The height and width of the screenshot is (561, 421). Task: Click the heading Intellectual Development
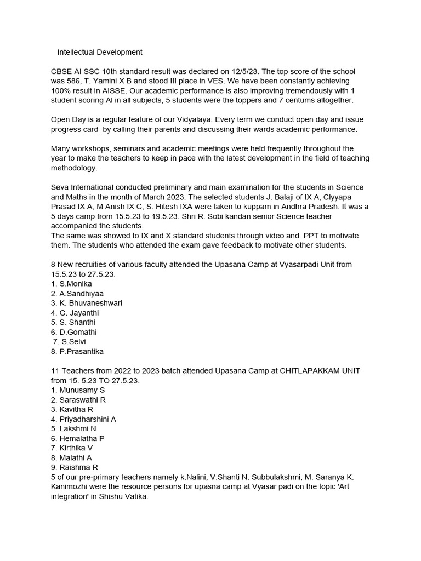pyautogui.click(x=100, y=52)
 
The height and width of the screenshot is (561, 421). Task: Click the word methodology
pyautogui.click(x=74, y=168)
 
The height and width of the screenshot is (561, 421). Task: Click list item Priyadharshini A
pyautogui.click(x=88, y=419)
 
